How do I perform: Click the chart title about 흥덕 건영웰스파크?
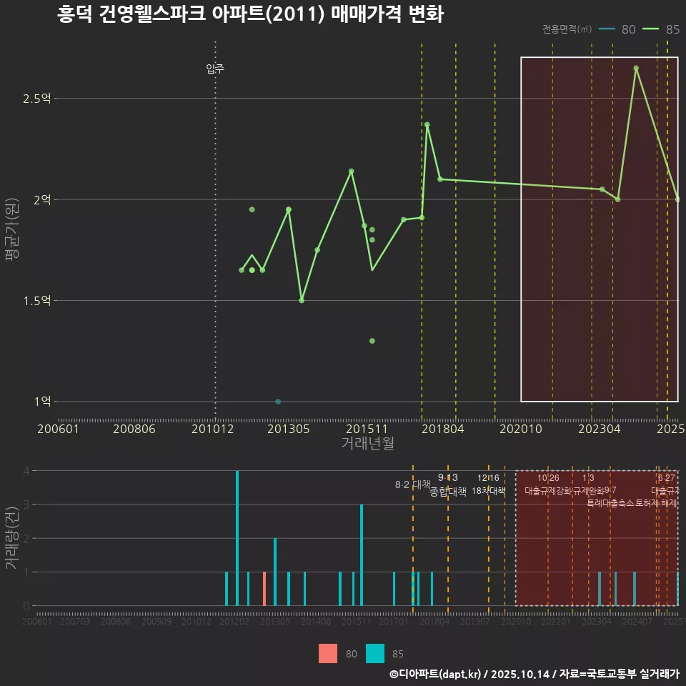[x=250, y=15]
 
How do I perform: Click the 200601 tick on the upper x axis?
[x=58, y=429]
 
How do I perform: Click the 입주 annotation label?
[x=215, y=69]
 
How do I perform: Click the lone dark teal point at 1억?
[x=278, y=402]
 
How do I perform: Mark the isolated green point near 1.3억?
[x=372, y=341]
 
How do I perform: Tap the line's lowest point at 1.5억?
[x=302, y=300]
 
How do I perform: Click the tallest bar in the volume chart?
[x=237, y=538]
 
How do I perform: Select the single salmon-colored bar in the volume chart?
[x=264, y=589]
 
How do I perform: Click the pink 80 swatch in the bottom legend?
[x=328, y=653]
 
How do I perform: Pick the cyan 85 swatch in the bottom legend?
[x=375, y=653]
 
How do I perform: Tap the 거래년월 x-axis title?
[x=367, y=444]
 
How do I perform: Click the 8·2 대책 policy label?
[x=412, y=484]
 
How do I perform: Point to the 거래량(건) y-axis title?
[x=11, y=538]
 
